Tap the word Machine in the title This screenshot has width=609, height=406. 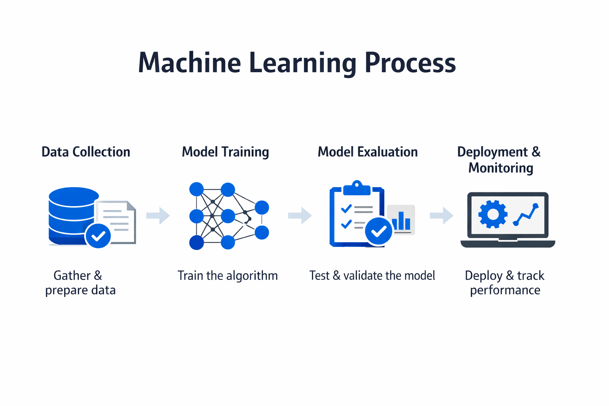[189, 63]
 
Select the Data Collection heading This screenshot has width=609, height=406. [86, 152]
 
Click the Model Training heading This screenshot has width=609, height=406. [225, 152]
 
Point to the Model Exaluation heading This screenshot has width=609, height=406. [368, 152]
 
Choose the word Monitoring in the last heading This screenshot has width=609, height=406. [500, 168]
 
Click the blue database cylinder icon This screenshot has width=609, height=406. [71, 214]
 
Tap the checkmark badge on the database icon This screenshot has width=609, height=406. [98, 236]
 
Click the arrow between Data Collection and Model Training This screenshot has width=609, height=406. [158, 216]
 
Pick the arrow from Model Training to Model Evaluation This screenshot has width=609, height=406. [300, 216]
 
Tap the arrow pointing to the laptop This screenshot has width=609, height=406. [441, 216]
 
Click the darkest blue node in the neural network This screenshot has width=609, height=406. [197, 242]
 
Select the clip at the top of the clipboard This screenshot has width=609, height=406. [357, 188]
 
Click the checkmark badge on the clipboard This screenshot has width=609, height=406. [379, 231]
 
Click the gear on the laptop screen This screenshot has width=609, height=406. [492, 214]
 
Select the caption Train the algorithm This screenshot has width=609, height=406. [228, 276]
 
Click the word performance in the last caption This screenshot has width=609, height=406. [505, 290]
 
